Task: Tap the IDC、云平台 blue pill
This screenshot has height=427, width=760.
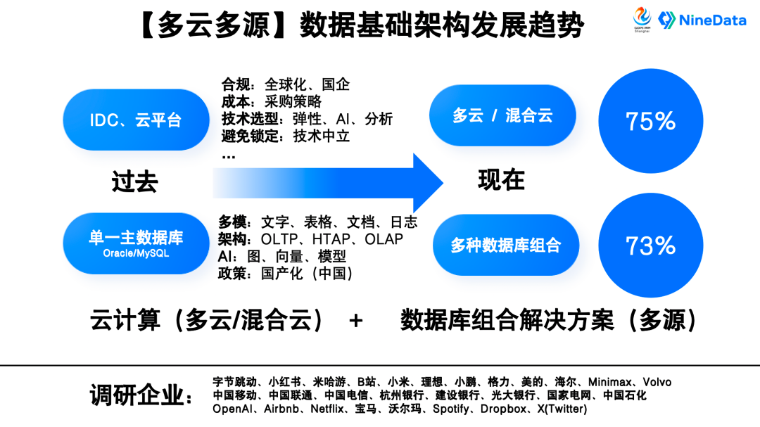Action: (136, 120)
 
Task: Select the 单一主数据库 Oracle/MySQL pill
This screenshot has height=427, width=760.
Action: (136, 243)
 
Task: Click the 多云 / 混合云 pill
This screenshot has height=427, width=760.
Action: (502, 116)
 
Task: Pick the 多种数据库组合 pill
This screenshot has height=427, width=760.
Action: (505, 245)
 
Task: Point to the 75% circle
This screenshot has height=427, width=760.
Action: (650, 121)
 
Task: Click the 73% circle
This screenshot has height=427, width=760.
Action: (650, 245)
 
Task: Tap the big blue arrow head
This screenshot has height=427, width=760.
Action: (426, 182)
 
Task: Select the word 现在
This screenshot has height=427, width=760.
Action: (501, 180)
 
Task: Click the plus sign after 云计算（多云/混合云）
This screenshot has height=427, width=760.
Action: (356, 321)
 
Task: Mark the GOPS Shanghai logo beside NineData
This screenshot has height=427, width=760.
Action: (642, 19)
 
